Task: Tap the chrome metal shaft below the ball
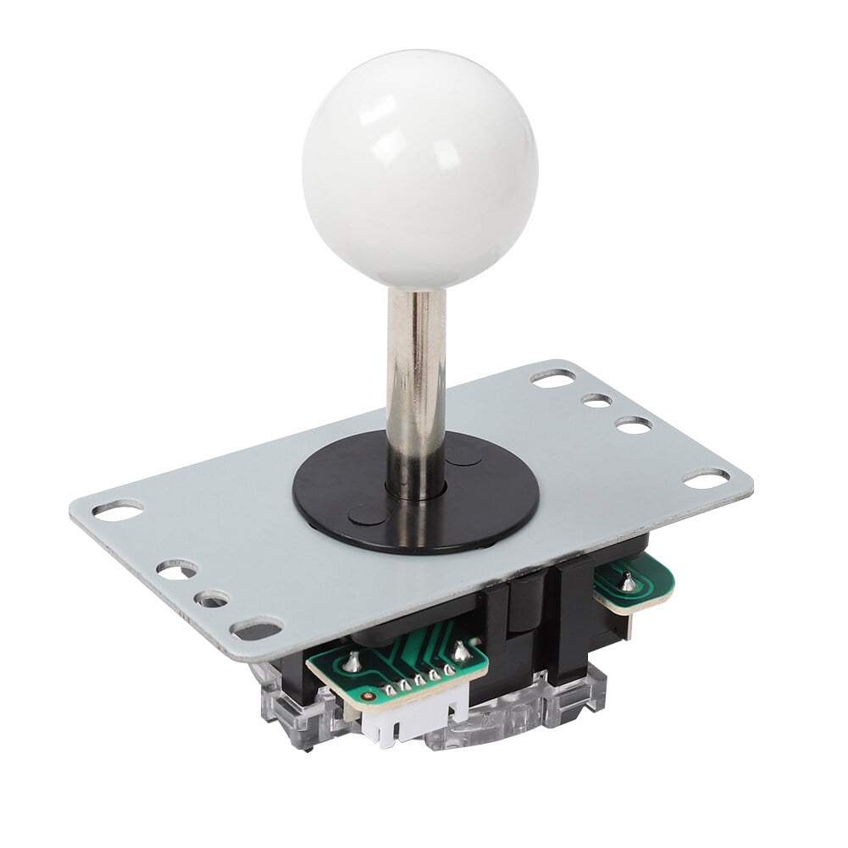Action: click(417, 381)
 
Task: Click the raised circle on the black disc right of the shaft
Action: click(464, 457)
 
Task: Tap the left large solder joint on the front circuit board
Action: click(351, 663)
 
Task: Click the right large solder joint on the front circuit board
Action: click(461, 651)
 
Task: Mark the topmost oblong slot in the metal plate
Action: click(553, 379)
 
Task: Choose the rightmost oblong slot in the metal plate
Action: click(705, 479)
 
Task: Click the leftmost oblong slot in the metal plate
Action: click(118, 509)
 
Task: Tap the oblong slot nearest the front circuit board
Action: click(257, 629)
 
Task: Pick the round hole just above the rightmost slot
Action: click(633, 424)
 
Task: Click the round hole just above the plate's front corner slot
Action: click(211, 599)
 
